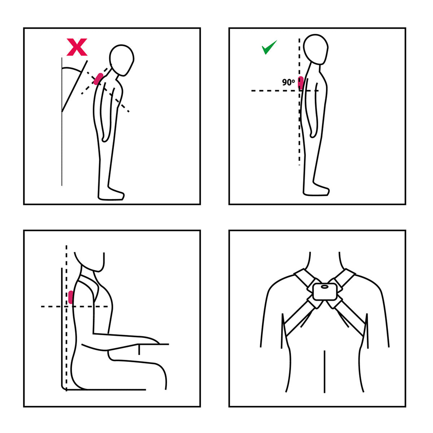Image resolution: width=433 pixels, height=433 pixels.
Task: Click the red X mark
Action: [x=77, y=47]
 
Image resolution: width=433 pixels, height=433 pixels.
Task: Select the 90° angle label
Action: [x=288, y=82]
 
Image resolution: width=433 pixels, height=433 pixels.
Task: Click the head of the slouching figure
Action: [x=122, y=60]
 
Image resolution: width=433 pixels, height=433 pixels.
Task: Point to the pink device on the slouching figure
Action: [x=99, y=79]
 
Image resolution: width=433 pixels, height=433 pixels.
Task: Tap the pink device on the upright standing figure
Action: [x=301, y=83]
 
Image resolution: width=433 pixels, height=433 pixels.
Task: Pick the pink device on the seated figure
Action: [x=71, y=297]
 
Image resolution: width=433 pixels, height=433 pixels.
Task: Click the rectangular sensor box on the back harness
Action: [x=325, y=292]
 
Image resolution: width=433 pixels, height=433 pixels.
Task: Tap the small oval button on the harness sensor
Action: [x=325, y=287]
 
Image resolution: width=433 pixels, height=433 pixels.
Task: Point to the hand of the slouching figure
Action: [x=105, y=137]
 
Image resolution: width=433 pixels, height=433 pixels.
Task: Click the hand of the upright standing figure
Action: [x=313, y=134]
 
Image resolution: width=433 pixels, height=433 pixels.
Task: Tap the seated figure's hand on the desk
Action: [x=149, y=340]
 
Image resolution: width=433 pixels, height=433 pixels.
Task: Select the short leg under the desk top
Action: [x=139, y=350]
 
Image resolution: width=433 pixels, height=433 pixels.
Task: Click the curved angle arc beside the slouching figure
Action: [x=72, y=69]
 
